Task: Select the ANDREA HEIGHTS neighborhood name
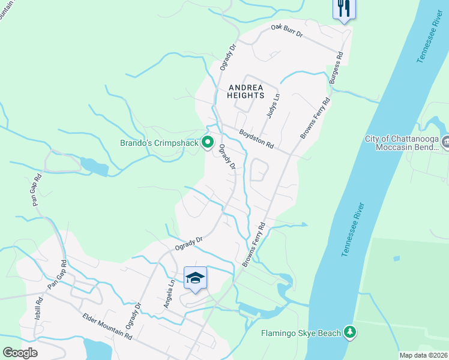coord(246,91)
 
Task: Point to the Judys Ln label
coord(273,106)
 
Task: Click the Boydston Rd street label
coord(256,140)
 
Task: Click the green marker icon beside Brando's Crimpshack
coord(208,143)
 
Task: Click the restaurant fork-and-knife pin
coord(345,8)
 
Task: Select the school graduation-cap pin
coord(195,278)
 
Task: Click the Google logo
coord(20,353)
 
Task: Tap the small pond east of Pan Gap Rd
coord(93,166)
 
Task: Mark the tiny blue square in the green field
coord(397,259)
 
